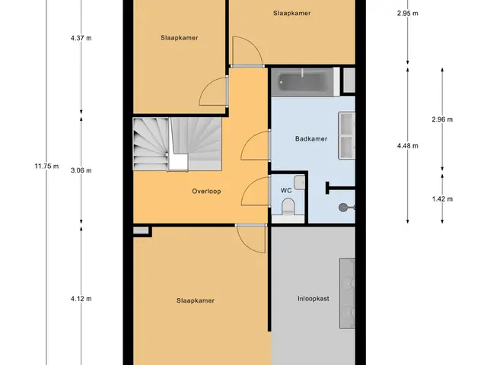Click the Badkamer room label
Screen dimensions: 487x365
pyautogui.click(x=311, y=138)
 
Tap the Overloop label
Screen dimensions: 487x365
pyautogui.click(x=206, y=191)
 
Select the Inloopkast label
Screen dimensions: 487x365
pyautogui.click(x=313, y=299)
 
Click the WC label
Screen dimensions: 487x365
pyautogui.click(x=286, y=190)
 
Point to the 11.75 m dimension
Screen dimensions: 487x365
pyautogui.click(x=46, y=166)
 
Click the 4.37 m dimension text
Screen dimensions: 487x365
pyautogui.click(x=81, y=38)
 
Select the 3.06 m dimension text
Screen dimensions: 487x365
pyautogui.click(x=81, y=170)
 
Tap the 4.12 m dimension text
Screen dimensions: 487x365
pyautogui.click(x=81, y=299)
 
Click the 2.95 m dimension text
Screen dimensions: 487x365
pyautogui.click(x=408, y=14)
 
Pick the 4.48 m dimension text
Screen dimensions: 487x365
pyautogui.click(x=408, y=145)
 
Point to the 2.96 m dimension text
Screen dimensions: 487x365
pyautogui.click(x=442, y=119)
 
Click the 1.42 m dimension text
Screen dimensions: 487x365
pyautogui.click(x=442, y=199)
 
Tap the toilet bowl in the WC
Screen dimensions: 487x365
pyautogui.click(x=288, y=207)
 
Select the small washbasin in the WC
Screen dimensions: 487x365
pyautogui.click(x=299, y=182)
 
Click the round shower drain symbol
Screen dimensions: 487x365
pyautogui.click(x=343, y=208)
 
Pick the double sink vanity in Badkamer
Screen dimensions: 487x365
pyautogui.click(x=347, y=135)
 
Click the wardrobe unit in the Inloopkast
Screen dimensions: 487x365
pyautogui.click(x=347, y=293)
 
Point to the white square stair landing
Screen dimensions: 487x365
pyautogui.click(x=178, y=162)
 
